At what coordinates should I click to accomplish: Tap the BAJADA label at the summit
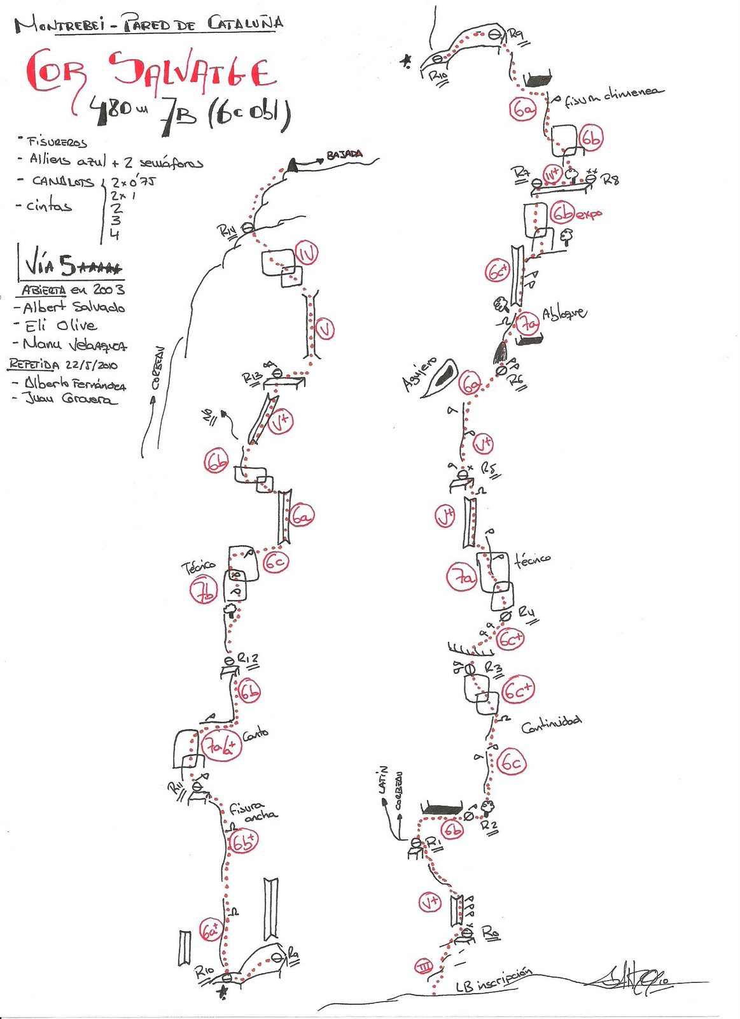pyautogui.click(x=344, y=155)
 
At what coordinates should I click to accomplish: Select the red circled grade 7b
pyautogui.click(x=204, y=590)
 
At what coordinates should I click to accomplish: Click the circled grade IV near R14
pyautogui.click(x=307, y=253)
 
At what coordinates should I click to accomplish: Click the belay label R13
pyautogui.click(x=252, y=378)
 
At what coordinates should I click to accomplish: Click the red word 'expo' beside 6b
pyautogui.click(x=589, y=215)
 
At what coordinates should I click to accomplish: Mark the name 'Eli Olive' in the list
pyautogui.click(x=60, y=326)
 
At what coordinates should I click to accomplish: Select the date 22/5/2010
pyautogui.click(x=91, y=366)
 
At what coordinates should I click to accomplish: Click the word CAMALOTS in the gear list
pyautogui.click(x=63, y=182)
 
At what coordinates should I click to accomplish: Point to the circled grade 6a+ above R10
pyautogui.click(x=210, y=930)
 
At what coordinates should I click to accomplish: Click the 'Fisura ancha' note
pyautogui.click(x=253, y=811)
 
